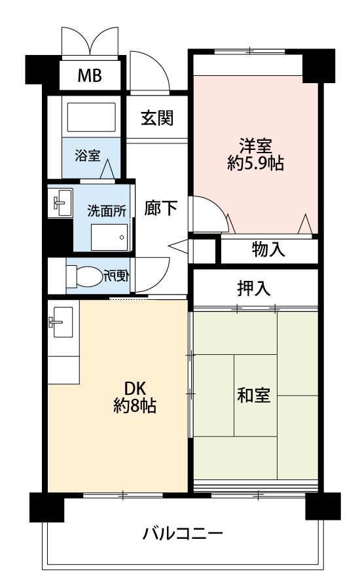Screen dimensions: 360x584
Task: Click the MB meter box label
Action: pyautogui.click(x=90, y=75)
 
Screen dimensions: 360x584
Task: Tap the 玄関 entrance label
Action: pyautogui.click(x=156, y=119)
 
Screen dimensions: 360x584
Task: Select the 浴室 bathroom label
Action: pyautogui.click(x=87, y=155)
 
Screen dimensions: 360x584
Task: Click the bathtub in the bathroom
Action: pyautogui.click(x=91, y=117)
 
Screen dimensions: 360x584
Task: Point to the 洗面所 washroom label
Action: pyautogui.click(x=107, y=211)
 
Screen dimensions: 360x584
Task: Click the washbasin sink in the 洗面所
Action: pyautogui.click(x=60, y=202)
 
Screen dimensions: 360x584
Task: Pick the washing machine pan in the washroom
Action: pyautogui.click(x=109, y=237)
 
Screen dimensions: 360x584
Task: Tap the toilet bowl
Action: pyautogui.click(x=84, y=276)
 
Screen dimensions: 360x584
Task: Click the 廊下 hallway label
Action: pyautogui.click(x=160, y=208)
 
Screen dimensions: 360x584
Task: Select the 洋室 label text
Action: pyautogui.click(x=256, y=145)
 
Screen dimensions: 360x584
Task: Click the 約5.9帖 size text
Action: pyautogui.click(x=256, y=163)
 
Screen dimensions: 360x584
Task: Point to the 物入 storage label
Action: pyautogui.click(x=268, y=249)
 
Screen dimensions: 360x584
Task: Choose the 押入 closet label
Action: pyautogui.click(x=254, y=288)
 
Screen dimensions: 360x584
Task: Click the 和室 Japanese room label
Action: pyautogui.click(x=254, y=395)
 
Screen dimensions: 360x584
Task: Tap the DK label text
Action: pyautogui.click(x=135, y=389)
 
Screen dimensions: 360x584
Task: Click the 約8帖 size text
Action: pyautogui.click(x=135, y=406)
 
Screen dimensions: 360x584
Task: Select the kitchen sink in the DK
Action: pyautogui.click(x=61, y=322)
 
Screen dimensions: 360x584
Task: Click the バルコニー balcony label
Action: pyautogui.click(x=183, y=534)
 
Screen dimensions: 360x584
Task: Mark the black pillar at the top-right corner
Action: pyautogui.click(x=318, y=66)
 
